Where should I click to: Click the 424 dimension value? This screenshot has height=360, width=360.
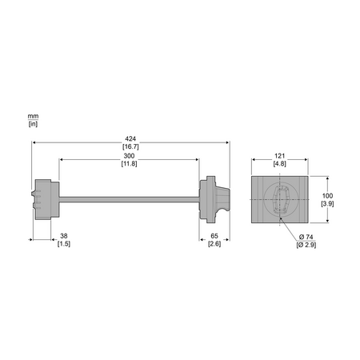pos(130,139)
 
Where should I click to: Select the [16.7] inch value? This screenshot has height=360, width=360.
pos(130,146)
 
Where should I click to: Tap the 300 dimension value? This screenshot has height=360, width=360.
pos(129,156)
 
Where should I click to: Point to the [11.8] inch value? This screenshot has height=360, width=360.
pos(129,164)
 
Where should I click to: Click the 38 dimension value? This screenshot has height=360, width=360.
pos(64,236)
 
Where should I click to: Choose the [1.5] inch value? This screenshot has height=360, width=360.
pos(64,244)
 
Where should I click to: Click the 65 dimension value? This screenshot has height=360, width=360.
pos(214,236)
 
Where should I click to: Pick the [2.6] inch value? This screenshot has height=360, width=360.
pos(214,244)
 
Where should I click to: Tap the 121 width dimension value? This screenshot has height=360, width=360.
pos(279,156)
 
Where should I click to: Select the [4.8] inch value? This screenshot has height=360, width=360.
pos(279,164)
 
